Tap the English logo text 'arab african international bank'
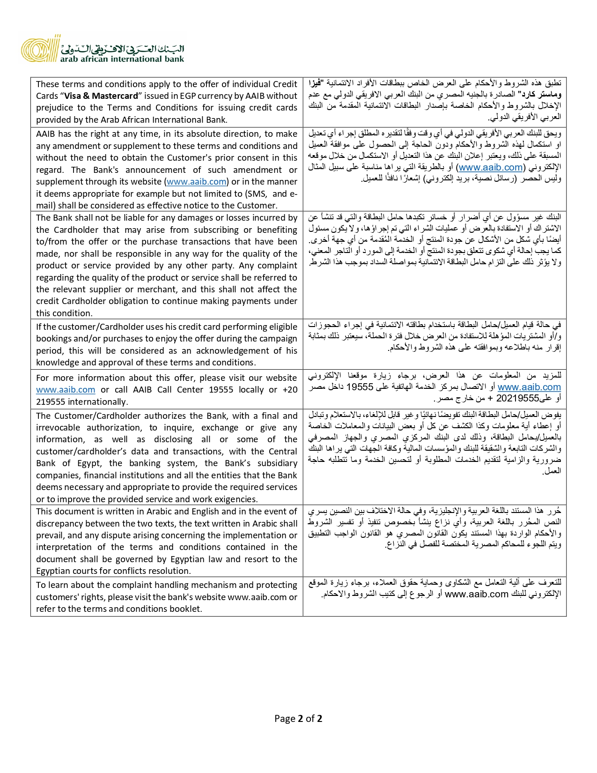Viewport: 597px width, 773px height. point(122,59)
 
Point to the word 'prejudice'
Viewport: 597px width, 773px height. point(55,108)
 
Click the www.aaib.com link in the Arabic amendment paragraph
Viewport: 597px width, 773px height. point(490,167)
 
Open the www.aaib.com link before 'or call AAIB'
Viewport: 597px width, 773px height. point(66,390)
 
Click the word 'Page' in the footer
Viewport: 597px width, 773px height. point(285,719)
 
